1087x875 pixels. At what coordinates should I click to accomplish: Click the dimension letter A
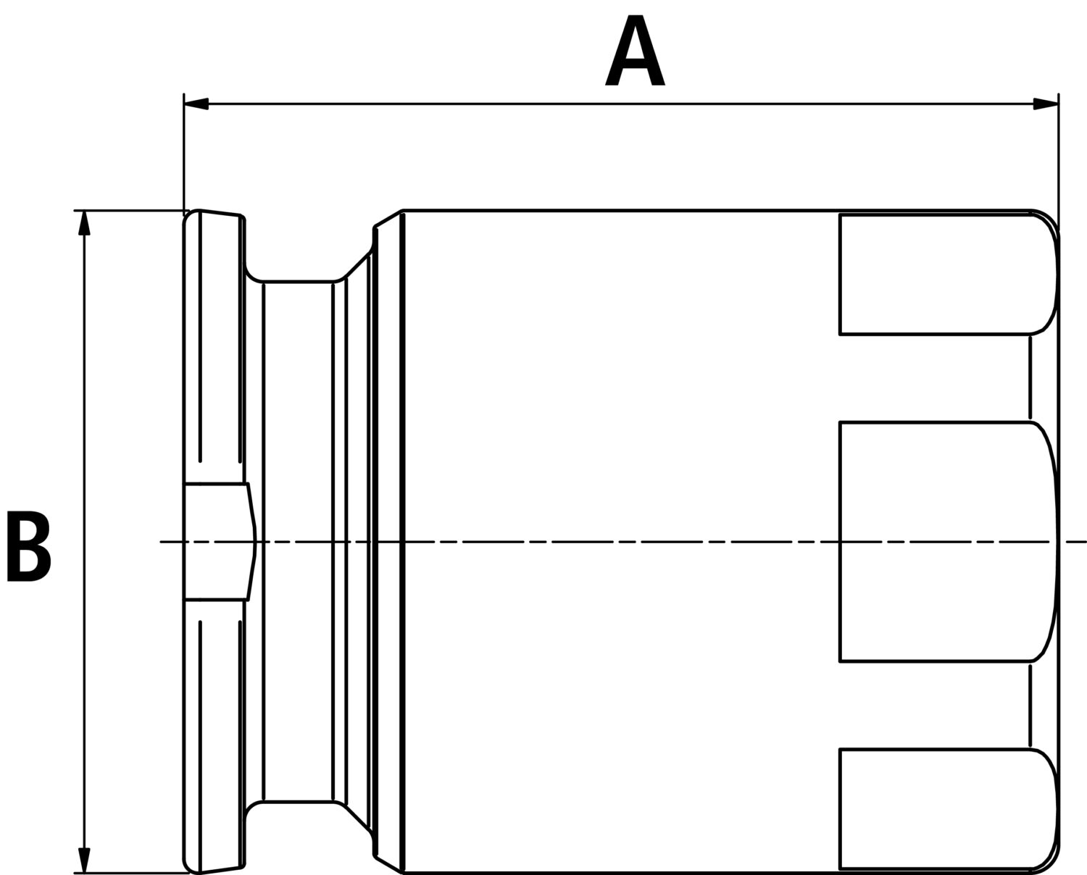[x=635, y=50]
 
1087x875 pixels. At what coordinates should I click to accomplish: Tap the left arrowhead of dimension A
[x=196, y=104]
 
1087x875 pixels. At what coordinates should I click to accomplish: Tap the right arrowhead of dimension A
[x=1046, y=104]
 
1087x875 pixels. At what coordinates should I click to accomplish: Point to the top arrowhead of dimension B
[x=84, y=223]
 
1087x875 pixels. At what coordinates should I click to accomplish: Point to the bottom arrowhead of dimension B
[x=84, y=860]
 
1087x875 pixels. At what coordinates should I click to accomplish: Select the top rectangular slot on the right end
[x=948, y=275]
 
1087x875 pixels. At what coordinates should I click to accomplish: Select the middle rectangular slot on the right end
[x=948, y=541]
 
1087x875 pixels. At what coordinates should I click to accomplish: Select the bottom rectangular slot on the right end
[x=948, y=809]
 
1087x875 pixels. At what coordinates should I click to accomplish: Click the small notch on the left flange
[x=220, y=542]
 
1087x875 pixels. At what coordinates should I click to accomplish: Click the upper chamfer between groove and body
[x=359, y=264]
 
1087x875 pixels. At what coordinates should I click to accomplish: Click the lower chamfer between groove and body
[x=359, y=819]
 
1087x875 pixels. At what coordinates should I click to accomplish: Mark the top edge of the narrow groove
[x=298, y=281]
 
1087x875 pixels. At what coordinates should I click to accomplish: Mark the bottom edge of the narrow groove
[x=298, y=801]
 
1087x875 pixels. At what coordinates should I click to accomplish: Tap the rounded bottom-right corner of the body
[x=1046, y=861]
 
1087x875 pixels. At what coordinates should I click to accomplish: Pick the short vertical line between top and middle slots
[x=1030, y=377]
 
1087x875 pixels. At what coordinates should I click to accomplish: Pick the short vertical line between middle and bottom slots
[x=1030, y=706]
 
